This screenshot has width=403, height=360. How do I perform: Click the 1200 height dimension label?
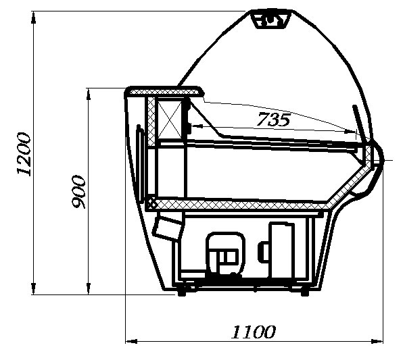(24, 154)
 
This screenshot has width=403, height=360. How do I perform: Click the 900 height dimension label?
(78, 192)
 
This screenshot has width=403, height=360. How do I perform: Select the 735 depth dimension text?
(274, 120)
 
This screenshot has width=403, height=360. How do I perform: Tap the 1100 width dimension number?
(254, 332)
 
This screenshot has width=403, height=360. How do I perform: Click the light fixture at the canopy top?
(271, 19)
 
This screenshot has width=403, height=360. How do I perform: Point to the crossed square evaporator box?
(169, 120)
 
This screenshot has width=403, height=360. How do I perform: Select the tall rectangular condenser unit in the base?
(281, 251)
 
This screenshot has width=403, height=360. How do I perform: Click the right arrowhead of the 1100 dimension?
(377, 341)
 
